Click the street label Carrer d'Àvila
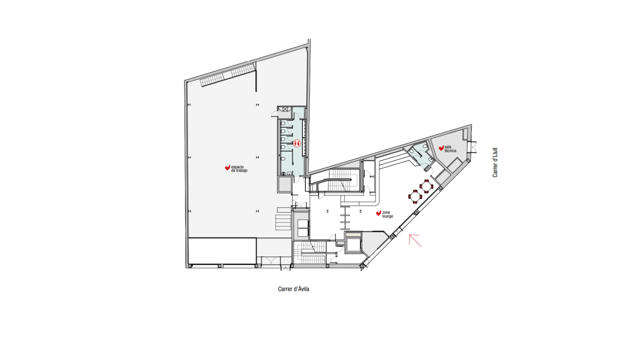click(x=294, y=289)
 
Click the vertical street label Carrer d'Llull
click(x=495, y=162)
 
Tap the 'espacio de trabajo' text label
click(x=239, y=169)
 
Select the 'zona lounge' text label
click(x=388, y=214)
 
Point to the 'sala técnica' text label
click(x=450, y=149)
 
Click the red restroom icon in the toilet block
click(x=297, y=143)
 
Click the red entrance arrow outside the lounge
click(x=415, y=240)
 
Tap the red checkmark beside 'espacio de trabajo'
click(x=228, y=168)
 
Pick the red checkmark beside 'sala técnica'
click(x=441, y=148)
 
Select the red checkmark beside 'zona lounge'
click(x=378, y=213)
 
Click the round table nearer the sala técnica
click(x=427, y=186)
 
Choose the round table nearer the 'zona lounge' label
click(x=415, y=197)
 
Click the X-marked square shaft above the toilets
click(x=284, y=109)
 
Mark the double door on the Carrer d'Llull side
click(x=473, y=146)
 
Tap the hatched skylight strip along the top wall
click(x=227, y=75)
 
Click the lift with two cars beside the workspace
click(x=301, y=225)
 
